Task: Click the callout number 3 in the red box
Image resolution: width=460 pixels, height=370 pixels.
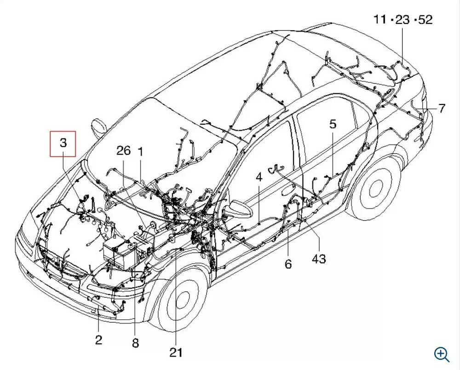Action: click(x=63, y=143)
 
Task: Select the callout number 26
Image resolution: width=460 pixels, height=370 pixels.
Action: click(x=123, y=150)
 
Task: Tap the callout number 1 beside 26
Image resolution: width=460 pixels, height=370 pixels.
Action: click(x=140, y=152)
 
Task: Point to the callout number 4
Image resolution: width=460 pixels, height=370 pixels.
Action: click(x=259, y=177)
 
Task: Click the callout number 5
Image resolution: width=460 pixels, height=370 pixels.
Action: click(x=333, y=124)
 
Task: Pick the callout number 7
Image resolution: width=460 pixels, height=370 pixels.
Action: click(x=442, y=108)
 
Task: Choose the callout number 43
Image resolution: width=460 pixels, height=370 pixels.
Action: click(x=319, y=259)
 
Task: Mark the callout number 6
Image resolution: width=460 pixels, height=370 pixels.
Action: click(x=288, y=264)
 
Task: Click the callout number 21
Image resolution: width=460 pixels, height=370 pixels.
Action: click(x=176, y=353)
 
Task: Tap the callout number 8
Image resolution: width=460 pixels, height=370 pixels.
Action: click(x=135, y=343)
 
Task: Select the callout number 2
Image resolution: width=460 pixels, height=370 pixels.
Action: click(x=98, y=340)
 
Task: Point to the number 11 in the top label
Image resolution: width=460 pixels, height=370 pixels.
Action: click(x=380, y=20)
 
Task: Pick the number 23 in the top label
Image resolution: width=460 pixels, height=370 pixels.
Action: click(x=402, y=20)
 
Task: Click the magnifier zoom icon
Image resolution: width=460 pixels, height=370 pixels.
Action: click(x=442, y=354)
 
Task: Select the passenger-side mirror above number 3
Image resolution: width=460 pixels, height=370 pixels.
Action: click(x=99, y=127)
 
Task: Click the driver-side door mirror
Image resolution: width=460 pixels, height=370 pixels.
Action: click(x=238, y=208)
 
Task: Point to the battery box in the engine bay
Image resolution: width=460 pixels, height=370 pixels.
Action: click(x=119, y=252)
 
